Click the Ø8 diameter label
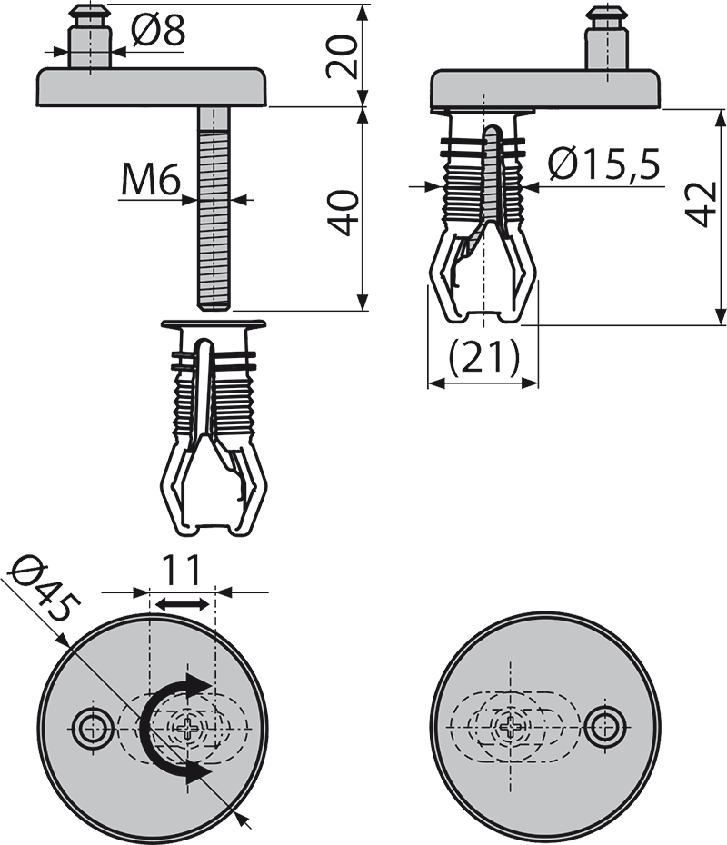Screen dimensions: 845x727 pyautogui.click(x=157, y=32)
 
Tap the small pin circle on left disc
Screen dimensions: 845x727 pyautogui.click(x=90, y=728)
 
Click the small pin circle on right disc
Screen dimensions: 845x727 pyautogui.click(x=603, y=726)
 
